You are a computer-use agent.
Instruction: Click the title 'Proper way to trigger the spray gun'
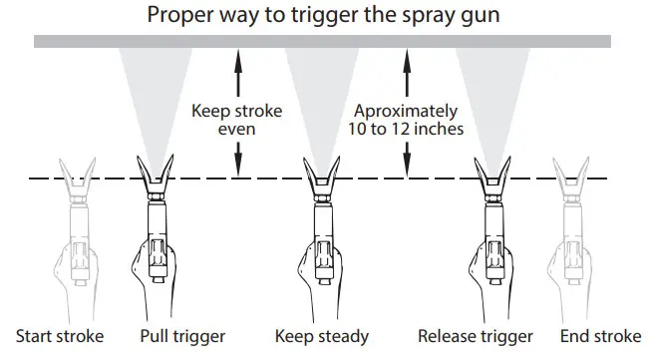point(322,15)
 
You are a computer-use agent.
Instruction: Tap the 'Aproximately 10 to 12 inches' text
point(407,121)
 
